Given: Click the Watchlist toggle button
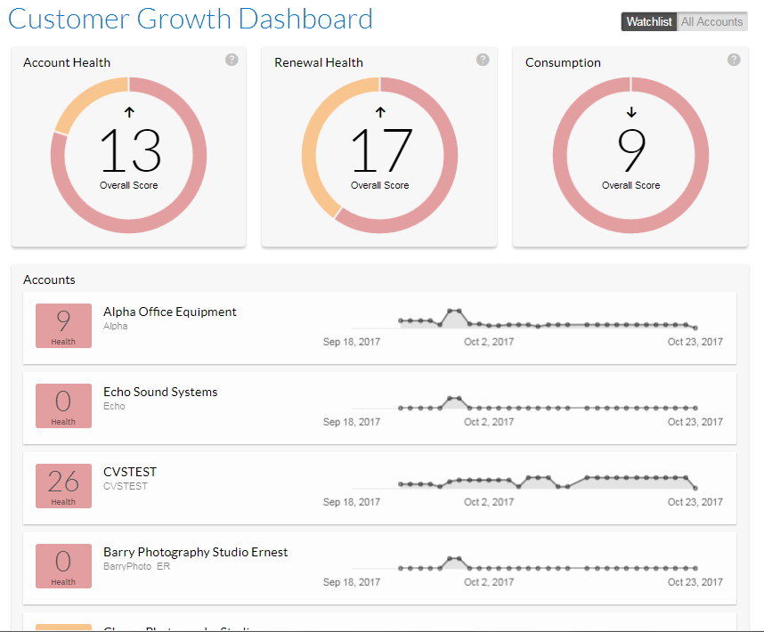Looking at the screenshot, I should (649, 22).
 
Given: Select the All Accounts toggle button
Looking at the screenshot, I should (711, 22).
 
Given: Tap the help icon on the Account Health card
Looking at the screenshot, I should (232, 60).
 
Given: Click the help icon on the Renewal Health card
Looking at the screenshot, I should (483, 60).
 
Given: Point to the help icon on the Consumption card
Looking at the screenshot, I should (734, 60).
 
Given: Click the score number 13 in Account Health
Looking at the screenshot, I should (130, 151).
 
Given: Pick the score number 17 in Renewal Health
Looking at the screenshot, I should (381, 151).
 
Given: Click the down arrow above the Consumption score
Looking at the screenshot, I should (631, 112).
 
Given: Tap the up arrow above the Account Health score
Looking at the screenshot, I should (129, 112).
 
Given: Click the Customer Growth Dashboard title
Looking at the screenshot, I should (191, 19).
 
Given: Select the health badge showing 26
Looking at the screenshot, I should (63, 486).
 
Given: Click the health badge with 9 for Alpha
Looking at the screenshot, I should (63, 326).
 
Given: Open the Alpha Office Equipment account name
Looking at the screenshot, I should (170, 312).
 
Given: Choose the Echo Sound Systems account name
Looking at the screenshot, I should (160, 392).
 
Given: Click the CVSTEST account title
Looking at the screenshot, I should (130, 472).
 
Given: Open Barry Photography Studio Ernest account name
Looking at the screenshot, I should (196, 552).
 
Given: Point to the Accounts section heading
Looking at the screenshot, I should (49, 280).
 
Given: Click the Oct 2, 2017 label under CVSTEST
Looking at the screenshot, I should (489, 502).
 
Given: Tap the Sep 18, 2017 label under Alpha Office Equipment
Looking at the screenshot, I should (352, 342).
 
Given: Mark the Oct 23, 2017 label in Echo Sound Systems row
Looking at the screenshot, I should (695, 422).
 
